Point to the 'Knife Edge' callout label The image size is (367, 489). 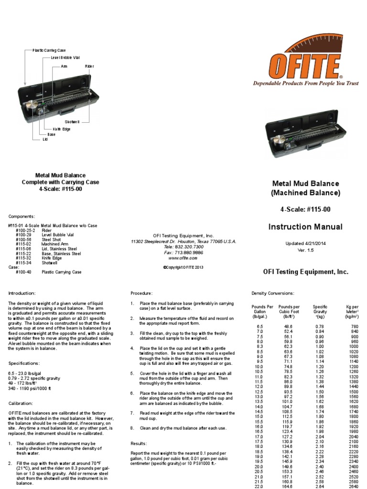[56, 129]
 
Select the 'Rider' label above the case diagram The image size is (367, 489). [90, 66]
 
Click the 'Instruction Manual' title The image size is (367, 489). [305, 227]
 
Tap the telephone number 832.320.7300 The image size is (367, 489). [183, 247]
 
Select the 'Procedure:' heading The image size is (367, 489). [141, 293]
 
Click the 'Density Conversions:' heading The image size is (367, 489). [273, 293]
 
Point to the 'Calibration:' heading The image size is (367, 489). [21, 404]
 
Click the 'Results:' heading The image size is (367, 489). [139, 444]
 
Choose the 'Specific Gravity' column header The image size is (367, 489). [320, 311]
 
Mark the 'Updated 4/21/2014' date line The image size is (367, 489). [305, 243]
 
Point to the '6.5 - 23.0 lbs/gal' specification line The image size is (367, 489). [28, 372]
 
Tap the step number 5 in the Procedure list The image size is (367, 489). [132, 372]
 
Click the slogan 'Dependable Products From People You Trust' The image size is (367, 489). [305, 83]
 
